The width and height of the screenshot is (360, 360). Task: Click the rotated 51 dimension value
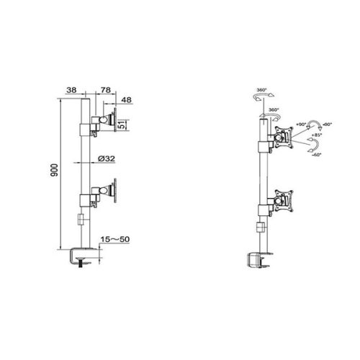[122, 122]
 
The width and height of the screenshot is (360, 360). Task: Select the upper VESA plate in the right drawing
[284, 137]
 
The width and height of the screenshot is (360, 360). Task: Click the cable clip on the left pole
[82, 220]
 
